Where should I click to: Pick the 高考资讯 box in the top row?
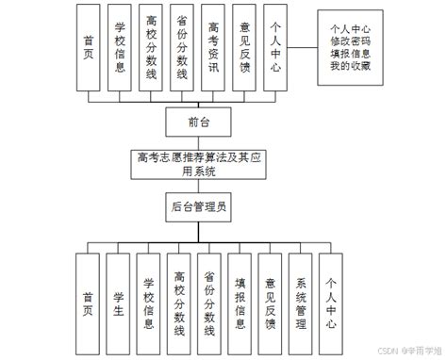[x=215, y=46]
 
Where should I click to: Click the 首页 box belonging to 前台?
[x=90, y=46]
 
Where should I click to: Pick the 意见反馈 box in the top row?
[x=245, y=46]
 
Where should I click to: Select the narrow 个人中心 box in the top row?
[x=275, y=46]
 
